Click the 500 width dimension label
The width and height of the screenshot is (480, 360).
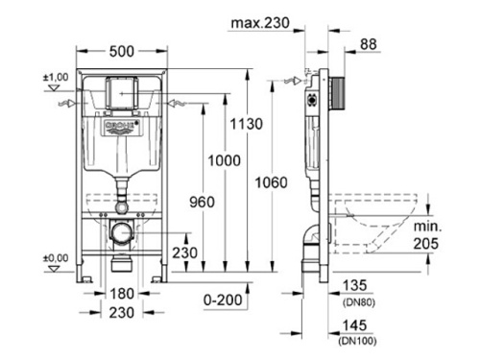[122, 51]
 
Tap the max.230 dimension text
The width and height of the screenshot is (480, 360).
[260, 23]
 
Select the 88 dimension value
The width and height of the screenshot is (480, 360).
[369, 44]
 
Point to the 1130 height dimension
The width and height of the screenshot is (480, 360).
[247, 124]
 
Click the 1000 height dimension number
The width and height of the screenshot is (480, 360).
[224, 160]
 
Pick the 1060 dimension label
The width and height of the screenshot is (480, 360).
[271, 182]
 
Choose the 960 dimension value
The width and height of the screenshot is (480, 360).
[202, 203]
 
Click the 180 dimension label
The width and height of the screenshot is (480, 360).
[122, 294]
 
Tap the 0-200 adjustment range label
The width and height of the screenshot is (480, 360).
[223, 300]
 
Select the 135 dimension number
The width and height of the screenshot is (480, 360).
[354, 285]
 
